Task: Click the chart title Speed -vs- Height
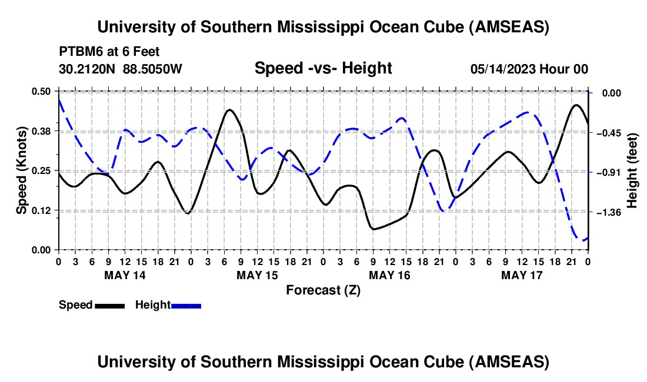pyautogui.click(x=323, y=69)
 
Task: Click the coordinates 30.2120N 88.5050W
pyautogui.click(x=121, y=69)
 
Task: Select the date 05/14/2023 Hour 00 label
pyautogui.click(x=529, y=69)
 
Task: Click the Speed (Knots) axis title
pyautogui.click(x=21, y=170)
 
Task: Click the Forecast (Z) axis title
pyautogui.click(x=323, y=290)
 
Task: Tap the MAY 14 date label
pyautogui.click(x=125, y=275)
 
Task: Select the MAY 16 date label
pyautogui.click(x=389, y=275)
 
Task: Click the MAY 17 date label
pyautogui.click(x=522, y=275)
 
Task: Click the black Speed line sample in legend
pyautogui.click(x=109, y=306)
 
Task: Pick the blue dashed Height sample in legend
pyautogui.click(x=186, y=306)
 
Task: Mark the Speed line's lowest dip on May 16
pyautogui.click(x=373, y=229)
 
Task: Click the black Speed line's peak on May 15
pyautogui.click(x=229, y=110)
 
